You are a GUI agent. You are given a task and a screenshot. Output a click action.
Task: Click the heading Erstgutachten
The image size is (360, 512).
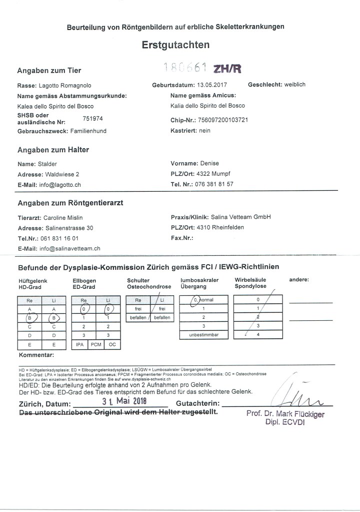pyautogui.click(x=175, y=45)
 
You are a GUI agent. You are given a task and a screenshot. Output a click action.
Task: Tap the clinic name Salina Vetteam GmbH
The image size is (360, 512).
pyautogui.click(x=242, y=217)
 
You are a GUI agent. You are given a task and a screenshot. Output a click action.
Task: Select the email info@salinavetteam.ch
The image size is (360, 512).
pyautogui.click(x=70, y=248)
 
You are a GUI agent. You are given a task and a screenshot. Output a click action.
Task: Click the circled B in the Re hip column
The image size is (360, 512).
pyautogui.click(x=29, y=317)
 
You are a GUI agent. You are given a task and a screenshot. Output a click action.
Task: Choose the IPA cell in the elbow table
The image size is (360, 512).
pyautogui.click(x=79, y=345)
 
